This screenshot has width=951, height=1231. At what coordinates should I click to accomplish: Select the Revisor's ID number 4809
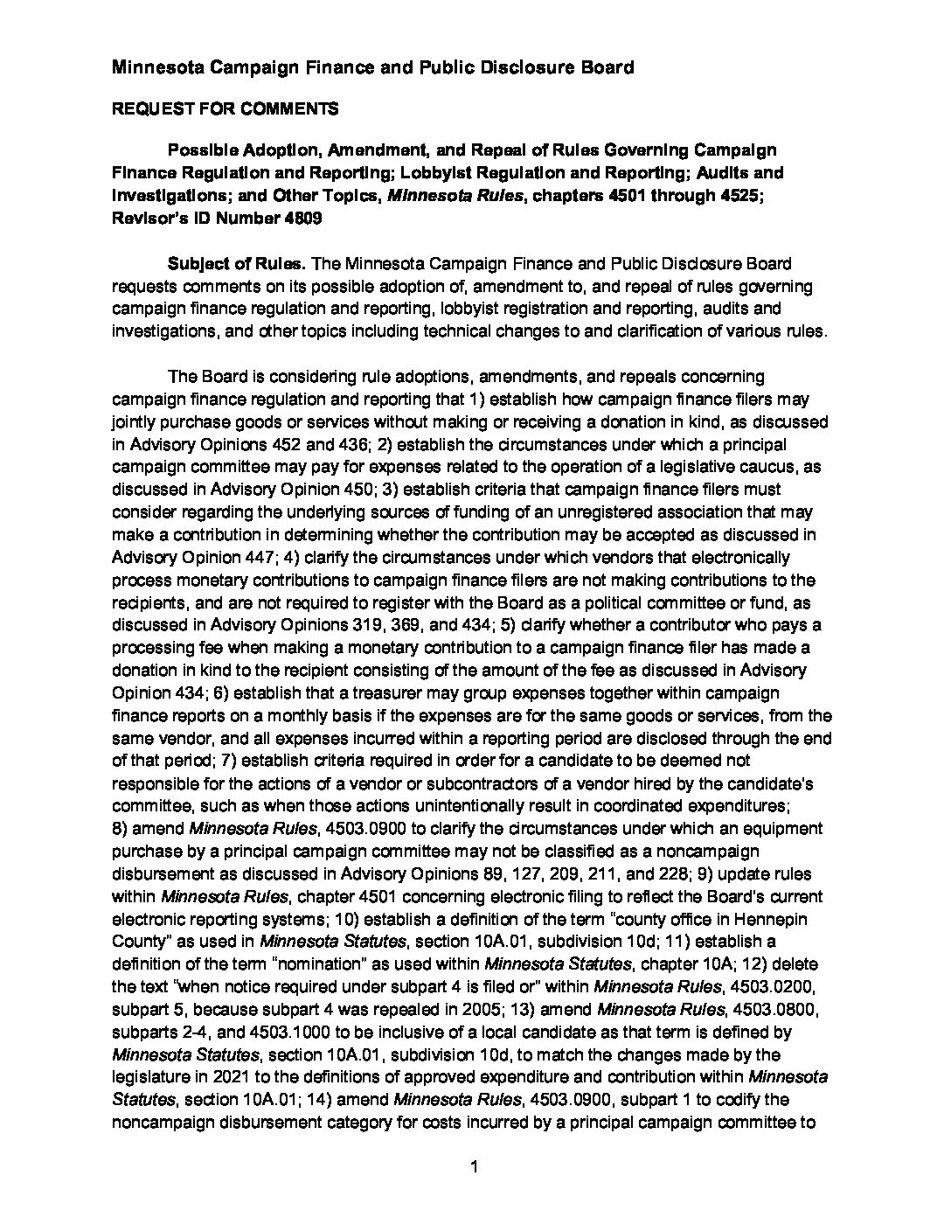pos(302,219)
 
